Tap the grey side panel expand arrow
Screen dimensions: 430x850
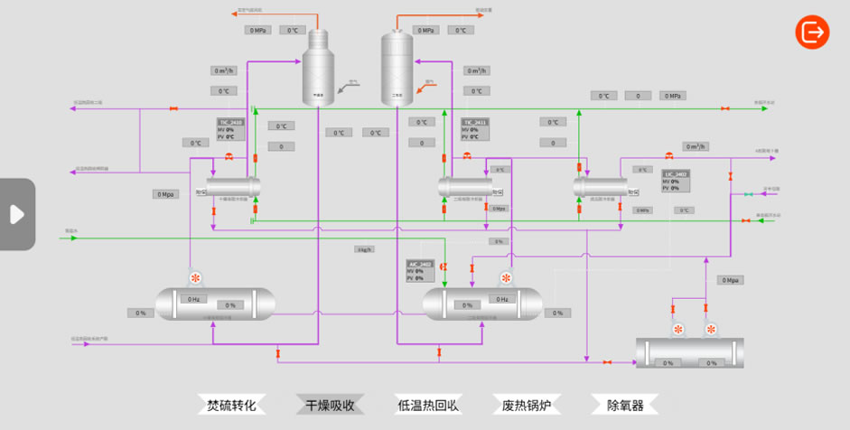pos(16,214)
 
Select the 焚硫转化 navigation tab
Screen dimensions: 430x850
pos(232,405)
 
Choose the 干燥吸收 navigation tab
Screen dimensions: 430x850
pos(330,405)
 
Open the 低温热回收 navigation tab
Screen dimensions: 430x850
pos(428,405)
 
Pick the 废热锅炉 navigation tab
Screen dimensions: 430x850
pos(526,405)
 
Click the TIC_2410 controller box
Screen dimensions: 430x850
pos(230,129)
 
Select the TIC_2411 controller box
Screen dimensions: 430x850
pos(475,129)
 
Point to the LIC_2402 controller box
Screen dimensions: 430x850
pos(676,181)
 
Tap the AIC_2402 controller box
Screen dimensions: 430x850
pos(421,271)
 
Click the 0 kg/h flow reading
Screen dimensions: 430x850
pos(364,249)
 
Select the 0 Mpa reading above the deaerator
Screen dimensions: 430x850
pos(731,280)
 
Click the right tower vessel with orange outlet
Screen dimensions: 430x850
pos(396,68)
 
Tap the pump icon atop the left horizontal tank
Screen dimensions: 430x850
pos(195,278)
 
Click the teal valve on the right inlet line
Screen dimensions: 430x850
pos(747,194)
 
